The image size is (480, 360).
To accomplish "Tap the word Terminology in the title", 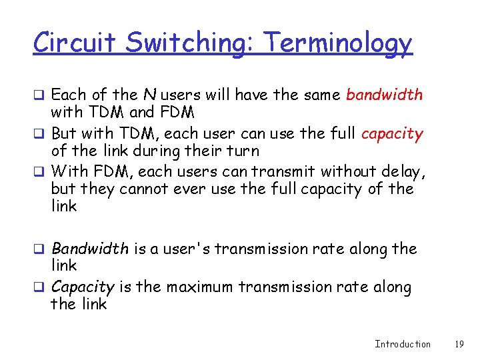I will tap(338, 44).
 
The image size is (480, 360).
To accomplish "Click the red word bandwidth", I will tap(384, 95).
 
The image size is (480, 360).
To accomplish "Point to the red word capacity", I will tap(392, 134).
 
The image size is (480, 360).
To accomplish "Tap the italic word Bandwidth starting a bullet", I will tap(90, 249).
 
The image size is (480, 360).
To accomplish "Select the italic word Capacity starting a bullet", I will tap(83, 287).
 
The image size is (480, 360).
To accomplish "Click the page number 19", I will tap(458, 344).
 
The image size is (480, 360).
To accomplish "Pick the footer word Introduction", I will tap(403, 344).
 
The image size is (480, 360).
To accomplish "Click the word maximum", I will tap(199, 287).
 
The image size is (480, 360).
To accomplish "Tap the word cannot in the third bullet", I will tap(146, 189).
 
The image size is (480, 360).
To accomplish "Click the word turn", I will tap(242, 151).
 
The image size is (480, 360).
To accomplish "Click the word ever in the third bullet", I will tap(189, 189).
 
